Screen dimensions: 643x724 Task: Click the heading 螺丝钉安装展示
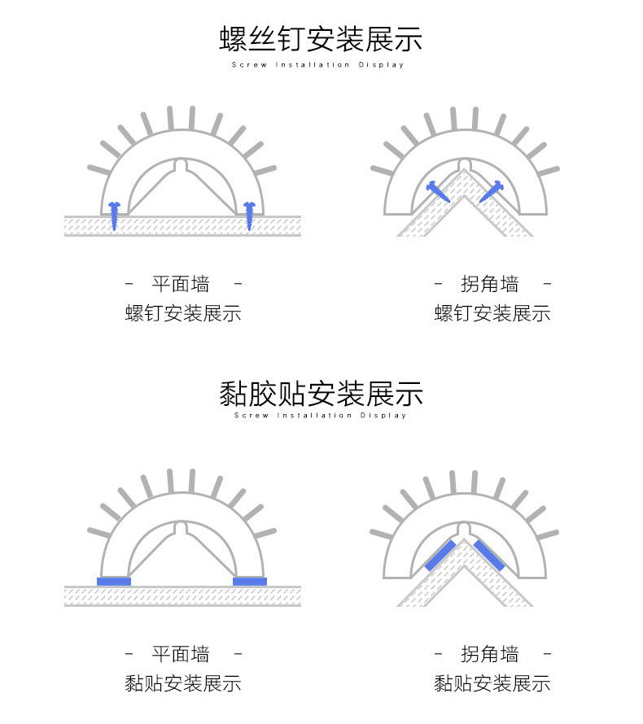click(x=321, y=38)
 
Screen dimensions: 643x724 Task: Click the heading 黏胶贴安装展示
click(x=321, y=394)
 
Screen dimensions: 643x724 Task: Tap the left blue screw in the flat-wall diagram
click(x=115, y=214)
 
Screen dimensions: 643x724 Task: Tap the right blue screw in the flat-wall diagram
click(x=250, y=214)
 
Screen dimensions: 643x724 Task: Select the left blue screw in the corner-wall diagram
click(x=437, y=192)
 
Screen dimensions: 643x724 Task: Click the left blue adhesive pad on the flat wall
click(x=114, y=581)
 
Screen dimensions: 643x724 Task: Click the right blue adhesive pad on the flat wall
click(x=250, y=581)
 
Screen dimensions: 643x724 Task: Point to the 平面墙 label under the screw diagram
click(x=181, y=285)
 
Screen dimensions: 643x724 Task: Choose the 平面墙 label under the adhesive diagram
click(x=181, y=654)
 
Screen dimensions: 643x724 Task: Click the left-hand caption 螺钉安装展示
click(x=183, y=313)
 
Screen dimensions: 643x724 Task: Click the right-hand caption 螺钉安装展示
click(x=492, y=313)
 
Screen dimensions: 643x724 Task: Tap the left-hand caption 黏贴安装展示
click(x=183, y=683)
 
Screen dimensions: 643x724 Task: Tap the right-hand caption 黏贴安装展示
click(x=492, y=683)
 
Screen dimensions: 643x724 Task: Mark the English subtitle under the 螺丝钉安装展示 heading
click(x=318, y=65)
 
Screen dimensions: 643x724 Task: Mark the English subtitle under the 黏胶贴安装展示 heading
click(x=320, y=416)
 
